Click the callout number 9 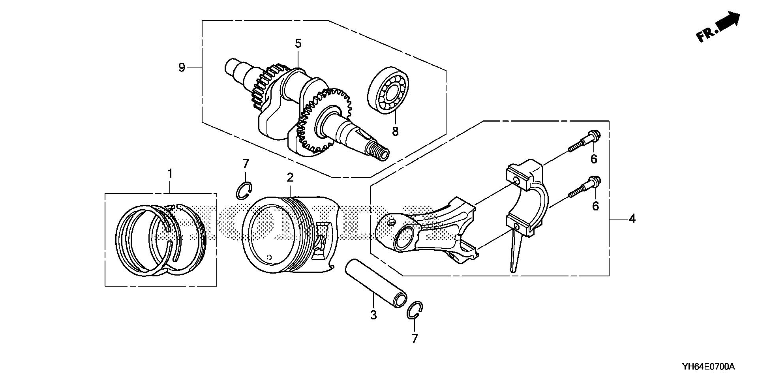pos(182,68)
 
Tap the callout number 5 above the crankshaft pos(298,43)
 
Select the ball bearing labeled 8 pos(385,91)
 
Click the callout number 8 pos(395,131)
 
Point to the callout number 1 pos(170,174)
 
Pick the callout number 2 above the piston pos(290,178)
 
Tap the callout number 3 pos(373,315)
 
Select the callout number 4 pos(632,218)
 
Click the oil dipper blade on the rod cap pos(515,253)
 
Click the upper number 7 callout pos(246,163)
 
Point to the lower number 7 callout pos(414,338)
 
